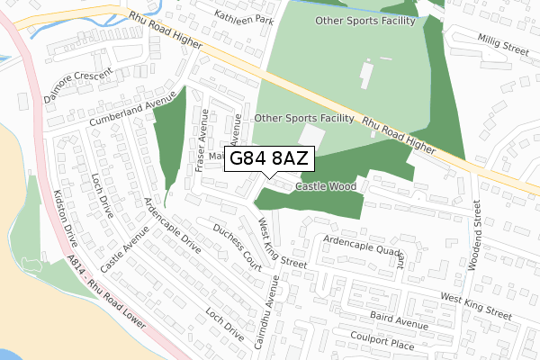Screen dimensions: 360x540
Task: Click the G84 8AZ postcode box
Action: pos(269,158)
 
